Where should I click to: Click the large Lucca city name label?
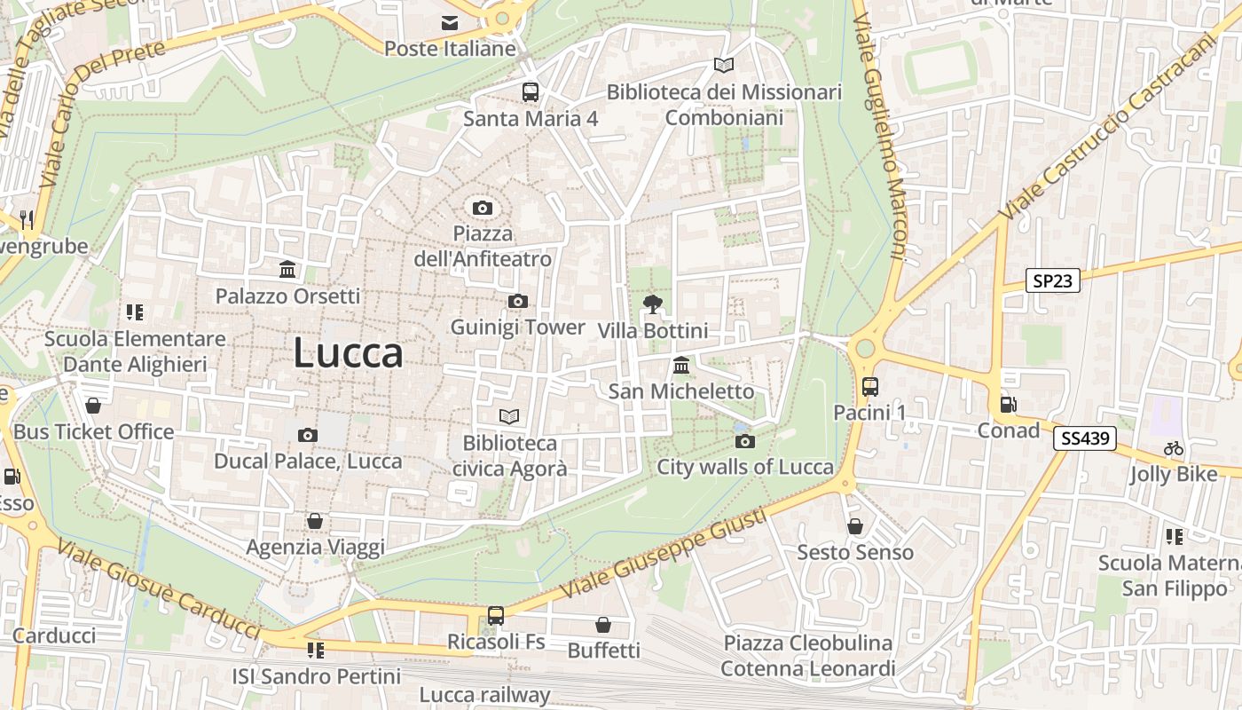click(x=348, y=352)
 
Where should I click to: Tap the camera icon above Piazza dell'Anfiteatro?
click(x=483, y=208)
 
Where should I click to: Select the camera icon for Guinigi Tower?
click(x=518, y=302)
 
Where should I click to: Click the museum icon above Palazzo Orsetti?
click(x=287, y=270)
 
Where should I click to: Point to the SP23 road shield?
click(x=1053, y=281)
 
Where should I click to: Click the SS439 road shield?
click(x=1085, y=438)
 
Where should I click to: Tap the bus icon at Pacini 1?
click(x=869, y=387)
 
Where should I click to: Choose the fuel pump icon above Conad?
click(x=1008, y=405)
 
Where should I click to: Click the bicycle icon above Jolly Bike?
click(x=1174, y=448)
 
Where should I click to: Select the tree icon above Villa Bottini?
click(x=653, y=304)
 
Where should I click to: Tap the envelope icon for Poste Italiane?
click(x=450, y=23)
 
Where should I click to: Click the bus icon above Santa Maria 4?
click(x=531, y=92)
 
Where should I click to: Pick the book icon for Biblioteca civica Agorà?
click(x=509, y=416)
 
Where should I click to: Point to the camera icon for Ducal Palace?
click(x=308, y=435)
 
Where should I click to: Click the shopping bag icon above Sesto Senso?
click(x=855, y=526)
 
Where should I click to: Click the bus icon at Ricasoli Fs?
click(x=496, y=615)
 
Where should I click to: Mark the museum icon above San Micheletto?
click(x=681, y=365)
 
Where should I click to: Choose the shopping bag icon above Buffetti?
click(x=603, y=625)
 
